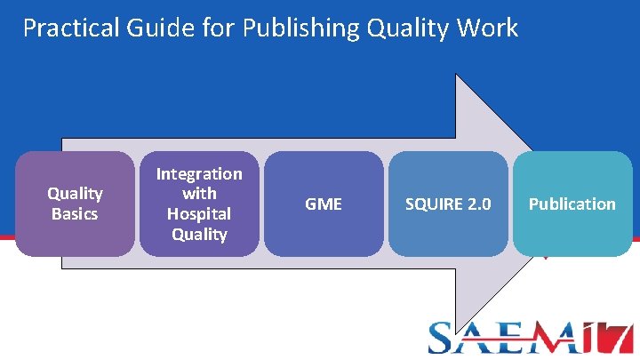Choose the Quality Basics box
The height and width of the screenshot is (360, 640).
75,204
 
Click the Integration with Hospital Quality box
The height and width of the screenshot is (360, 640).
199,204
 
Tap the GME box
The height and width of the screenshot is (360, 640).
324,204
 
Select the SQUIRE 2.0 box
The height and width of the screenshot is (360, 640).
448,204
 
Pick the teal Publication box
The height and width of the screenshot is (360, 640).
572,204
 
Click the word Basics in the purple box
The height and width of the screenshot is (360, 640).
75,214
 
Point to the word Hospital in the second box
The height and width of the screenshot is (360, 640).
199,214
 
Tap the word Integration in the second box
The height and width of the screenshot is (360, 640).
199,173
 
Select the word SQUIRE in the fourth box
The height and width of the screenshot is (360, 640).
435,204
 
